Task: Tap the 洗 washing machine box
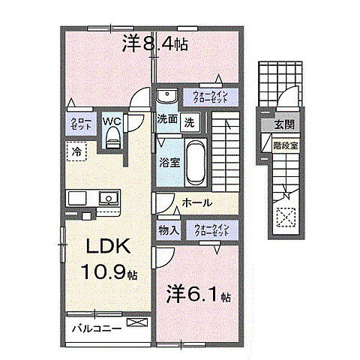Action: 190,121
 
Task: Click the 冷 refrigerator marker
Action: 76,151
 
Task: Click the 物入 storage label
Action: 168,231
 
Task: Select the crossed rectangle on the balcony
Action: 137,324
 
